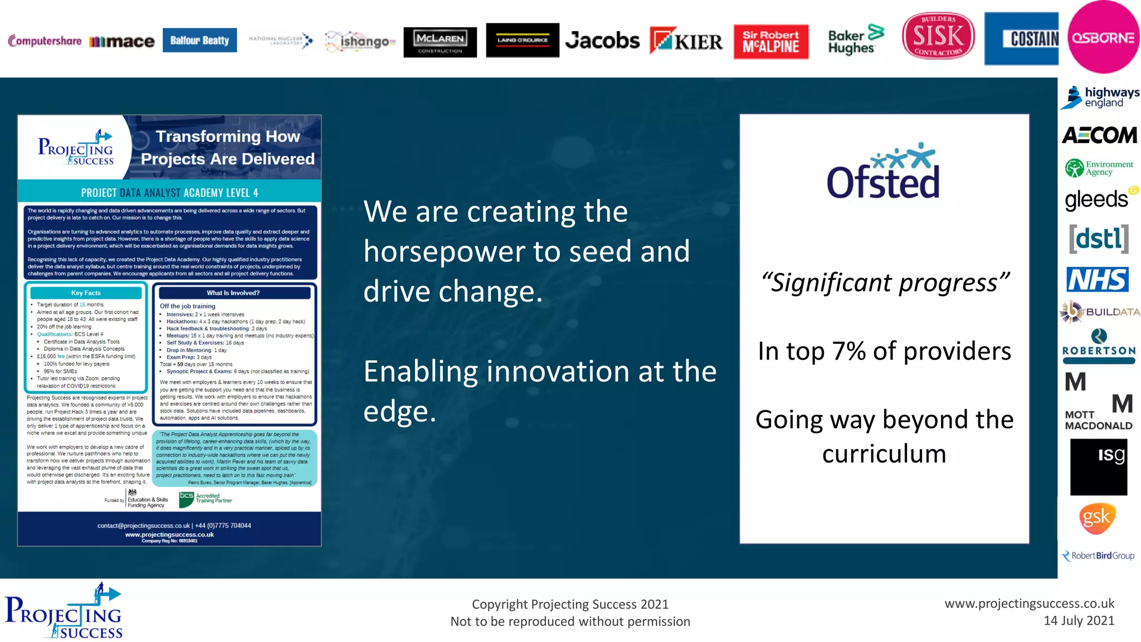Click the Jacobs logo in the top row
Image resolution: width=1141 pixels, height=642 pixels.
[602, 41]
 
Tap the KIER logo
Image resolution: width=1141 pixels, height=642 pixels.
[686, 41]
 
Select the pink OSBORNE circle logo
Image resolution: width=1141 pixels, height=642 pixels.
[1103, 37]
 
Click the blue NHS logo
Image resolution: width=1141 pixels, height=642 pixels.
[1097, 279]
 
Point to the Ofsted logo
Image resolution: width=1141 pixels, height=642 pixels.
[883, 173]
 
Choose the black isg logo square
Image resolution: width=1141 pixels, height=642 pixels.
[1098, 467]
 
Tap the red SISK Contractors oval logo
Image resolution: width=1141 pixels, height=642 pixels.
[938, 36]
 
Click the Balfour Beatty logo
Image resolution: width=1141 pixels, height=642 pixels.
[199, 40]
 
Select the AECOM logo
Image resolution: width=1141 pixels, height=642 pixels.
[1099, 135]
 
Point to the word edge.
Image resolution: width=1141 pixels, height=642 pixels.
[399, 411]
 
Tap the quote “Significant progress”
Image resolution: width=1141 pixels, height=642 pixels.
[884, 283]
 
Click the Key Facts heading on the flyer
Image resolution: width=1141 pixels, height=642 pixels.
[86, 293]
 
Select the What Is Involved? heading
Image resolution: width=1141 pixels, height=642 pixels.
[232, 293]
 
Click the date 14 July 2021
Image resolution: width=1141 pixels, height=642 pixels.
[1079, 620]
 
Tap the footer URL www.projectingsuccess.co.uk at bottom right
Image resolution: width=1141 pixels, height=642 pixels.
[1029, 604]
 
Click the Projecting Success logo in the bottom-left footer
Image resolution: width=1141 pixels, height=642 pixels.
[63, 611]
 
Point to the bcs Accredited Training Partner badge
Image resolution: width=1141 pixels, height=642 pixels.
[206, 498]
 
